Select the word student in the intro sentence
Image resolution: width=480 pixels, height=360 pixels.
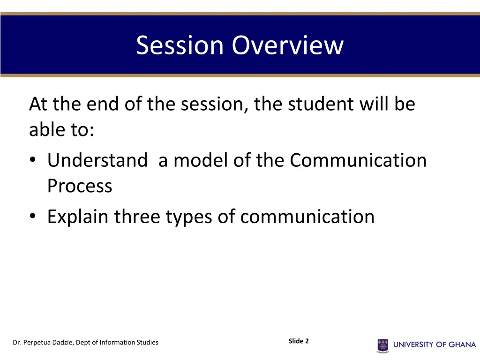[320, 104]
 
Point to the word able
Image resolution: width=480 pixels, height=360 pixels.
[47, 130]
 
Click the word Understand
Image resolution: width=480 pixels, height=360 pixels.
[97, 161]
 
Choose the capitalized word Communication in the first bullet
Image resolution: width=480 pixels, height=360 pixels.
[358, 161]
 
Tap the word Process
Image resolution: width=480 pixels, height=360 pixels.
[80, 187]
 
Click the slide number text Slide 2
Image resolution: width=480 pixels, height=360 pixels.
[299, 341]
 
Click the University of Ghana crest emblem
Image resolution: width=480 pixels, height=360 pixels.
[383, 345]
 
